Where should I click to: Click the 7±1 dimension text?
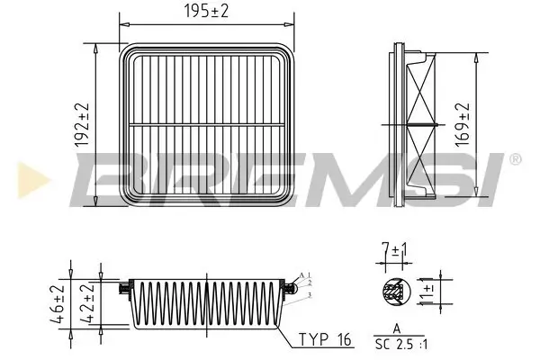[392, 247]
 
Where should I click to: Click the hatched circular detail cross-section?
[393, 291]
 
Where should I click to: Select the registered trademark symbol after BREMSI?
[515, 159]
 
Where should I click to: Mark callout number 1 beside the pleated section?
[308, 273]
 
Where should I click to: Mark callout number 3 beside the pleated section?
[309, 294]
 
